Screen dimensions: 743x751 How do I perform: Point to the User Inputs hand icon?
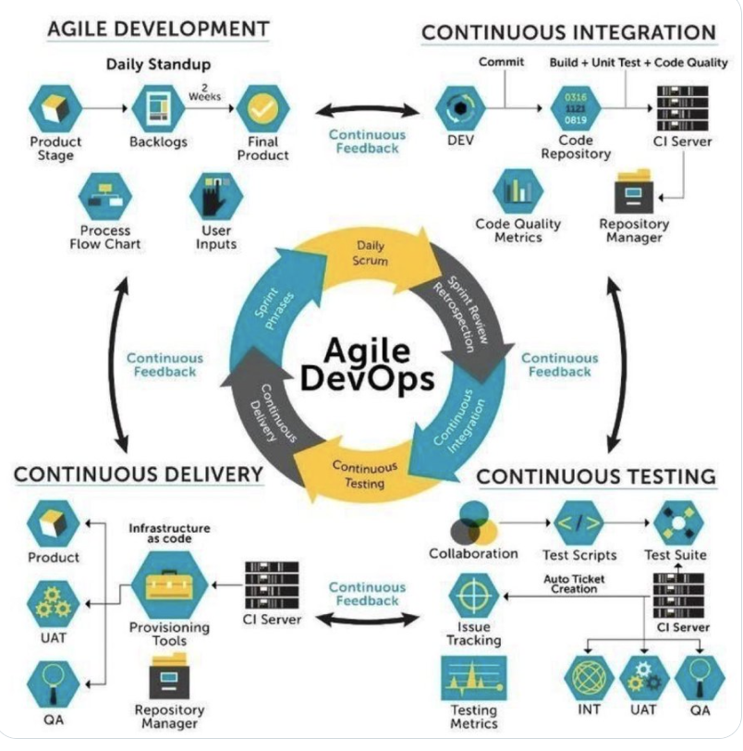pyautogui.click(x=216, y=194)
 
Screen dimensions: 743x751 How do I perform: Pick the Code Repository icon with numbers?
pyautogui.click(x=575, y=107)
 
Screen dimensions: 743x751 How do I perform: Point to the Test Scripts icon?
pyautogui.click(x=579, y=524)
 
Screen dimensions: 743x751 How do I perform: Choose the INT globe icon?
pyautogui.click(x=590, y=680)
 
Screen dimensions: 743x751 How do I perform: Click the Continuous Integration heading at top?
pyautogui.click(x=568, y=33)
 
